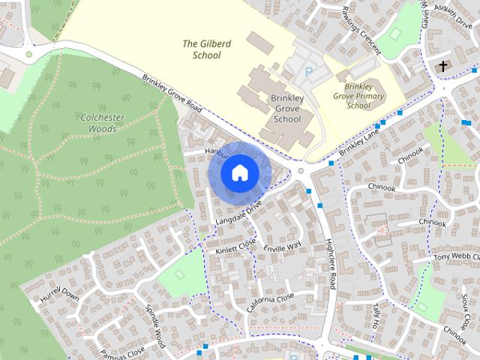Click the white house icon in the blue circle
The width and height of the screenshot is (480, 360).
click(x=239, y=172)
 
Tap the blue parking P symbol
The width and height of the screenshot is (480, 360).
click(x=308, y=72)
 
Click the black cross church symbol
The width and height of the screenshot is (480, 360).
click(x=442, y=67)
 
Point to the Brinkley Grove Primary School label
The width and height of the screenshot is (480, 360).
click(x=358, y=96)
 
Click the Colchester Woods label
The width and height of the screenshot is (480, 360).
click(x=98, y=123)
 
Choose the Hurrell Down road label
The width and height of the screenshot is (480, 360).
click(x=59, y=303)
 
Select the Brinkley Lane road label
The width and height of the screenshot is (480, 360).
click(x=359, y=142)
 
